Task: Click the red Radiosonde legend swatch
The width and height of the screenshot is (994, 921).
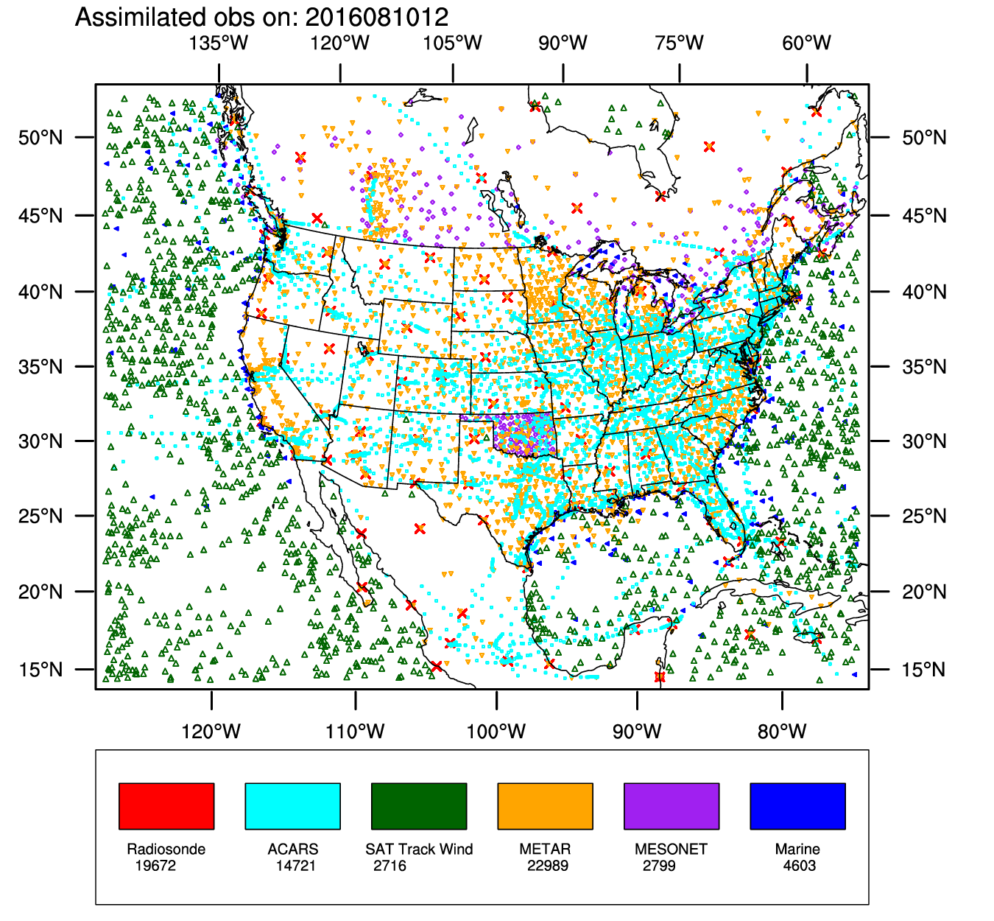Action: pyautogui.click(x=166, y=806)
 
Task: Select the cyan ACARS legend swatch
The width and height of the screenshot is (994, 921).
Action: pyautogui.click(x=292, y=806)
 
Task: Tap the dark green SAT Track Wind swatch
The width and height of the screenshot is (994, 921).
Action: pyautogui.click(x=419, y=806)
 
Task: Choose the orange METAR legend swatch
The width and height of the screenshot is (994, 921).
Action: pyautogui.click(x=545, y=806)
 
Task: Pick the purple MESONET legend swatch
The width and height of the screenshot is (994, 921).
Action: pyautogui.click(x=672, y=806)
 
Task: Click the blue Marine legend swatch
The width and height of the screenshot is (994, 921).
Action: pyautogui.click(x=797, y=806)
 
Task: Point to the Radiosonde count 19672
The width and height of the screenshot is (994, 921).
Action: pyautogui.click(x=155, y=866)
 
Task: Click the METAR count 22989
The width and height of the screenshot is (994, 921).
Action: pyautogui.click(x=547, y=866)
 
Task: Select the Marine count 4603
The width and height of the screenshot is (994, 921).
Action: pyautogui.click(x=799, y=866)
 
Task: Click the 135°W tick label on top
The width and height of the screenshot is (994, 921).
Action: pyautogui.click(x=219, y=43)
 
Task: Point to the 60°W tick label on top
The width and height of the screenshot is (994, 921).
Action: pyautogui.click(x=806, y=43)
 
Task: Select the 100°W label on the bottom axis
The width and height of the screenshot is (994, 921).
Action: pyautogui.click(x=496, y=732)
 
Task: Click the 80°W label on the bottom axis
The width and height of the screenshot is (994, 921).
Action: pyautogui.click(x=782, y=732)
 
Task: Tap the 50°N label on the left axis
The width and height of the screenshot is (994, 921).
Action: pyautogui.click(x=40, y=138)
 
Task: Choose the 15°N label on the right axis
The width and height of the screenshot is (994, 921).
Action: pyautogui.click(x=924, y=670)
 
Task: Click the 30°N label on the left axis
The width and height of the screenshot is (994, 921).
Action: pyautogui.click(x=40, y=441)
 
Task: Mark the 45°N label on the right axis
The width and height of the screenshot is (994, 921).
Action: pyautogui.click(x=924, y=216)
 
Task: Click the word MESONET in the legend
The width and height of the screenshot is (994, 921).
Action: pyautogui.click(x=671, y=849)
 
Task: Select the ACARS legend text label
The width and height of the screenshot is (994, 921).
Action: pyautogui.click(x=293, y=849)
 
